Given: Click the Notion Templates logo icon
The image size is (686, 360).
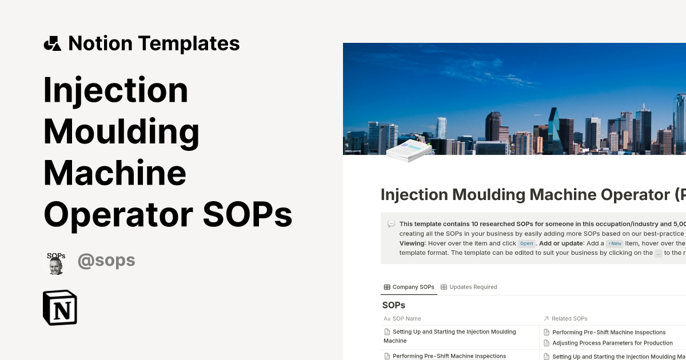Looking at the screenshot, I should pos(52,43).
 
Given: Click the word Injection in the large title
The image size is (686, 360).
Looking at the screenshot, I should pos(115,90).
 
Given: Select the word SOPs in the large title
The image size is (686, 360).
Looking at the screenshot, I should pos(248,214).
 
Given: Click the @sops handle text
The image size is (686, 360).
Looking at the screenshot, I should pos(106,261).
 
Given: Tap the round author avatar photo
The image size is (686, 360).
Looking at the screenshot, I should pos(56,263).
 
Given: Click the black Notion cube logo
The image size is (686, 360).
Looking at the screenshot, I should pos(60,308).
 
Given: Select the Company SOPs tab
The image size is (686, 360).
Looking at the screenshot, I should pos(409,287).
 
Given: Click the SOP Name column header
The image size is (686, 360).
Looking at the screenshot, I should pos(406,318).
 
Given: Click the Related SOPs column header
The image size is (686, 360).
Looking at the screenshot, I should pos(569,318).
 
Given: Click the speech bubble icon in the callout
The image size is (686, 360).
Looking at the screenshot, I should pos(391,224).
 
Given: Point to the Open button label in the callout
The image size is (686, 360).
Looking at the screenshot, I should pos(527,243).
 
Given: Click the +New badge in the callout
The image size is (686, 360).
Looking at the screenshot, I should pos(615,243).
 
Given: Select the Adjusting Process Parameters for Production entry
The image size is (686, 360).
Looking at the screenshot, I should pos(612,343).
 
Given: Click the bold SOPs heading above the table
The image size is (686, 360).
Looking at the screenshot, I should pos(394,305).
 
